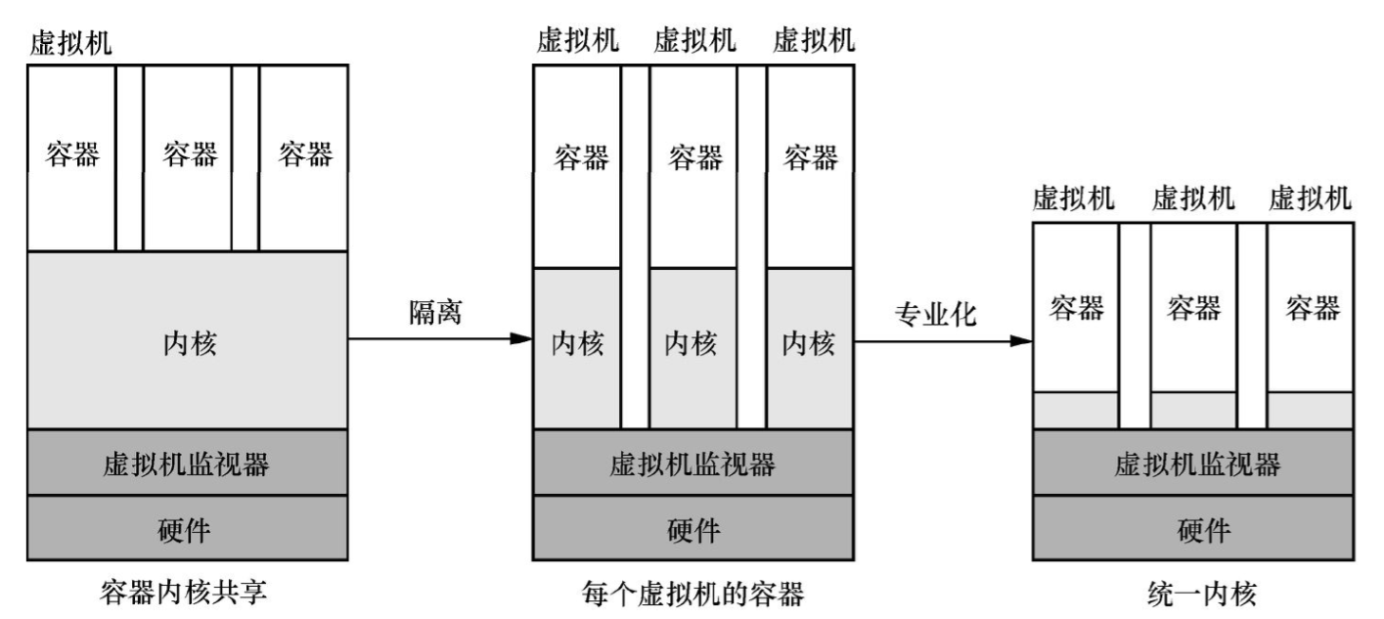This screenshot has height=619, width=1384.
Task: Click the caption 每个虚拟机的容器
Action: tap(692, 592)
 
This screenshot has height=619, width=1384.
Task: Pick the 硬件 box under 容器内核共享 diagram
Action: tap(187, 529)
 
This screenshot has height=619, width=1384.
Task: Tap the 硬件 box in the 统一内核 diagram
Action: tap(1192, 529)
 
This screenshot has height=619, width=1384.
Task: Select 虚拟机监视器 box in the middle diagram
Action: tap(692, 464)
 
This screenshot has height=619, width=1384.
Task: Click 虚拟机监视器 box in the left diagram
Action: tap(187, 464)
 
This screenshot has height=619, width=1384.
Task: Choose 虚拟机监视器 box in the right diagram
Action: tap(1192, 464)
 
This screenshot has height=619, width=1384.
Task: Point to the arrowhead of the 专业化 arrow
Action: tap(1022, 340)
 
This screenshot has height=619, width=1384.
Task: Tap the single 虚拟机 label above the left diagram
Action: tap(70, 42)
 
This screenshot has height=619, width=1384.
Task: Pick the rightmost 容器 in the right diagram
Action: tap(1311, 308)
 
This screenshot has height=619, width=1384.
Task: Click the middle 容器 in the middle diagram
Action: tap(693, 156)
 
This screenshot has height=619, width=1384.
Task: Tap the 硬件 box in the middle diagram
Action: tap(692, 529)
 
